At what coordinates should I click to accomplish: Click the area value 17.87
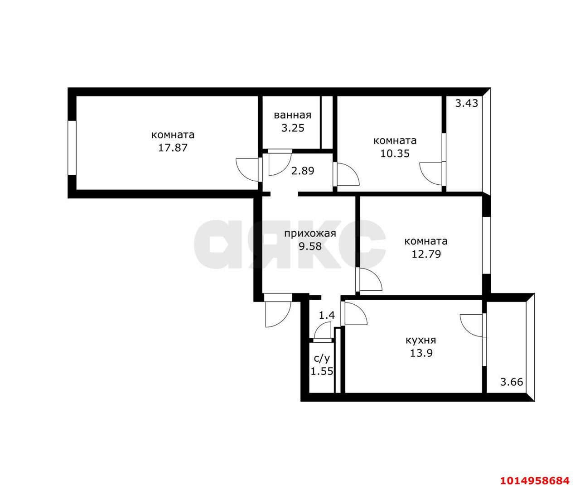pyautogui.click(x=173, y=148)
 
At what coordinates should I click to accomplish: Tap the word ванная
pyautogui.click(x=293, y=115)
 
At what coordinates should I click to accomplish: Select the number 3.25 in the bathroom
pyautogui.click(x=293, y=128)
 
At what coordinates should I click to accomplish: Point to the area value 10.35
pyautogui.click(x=395, y=153)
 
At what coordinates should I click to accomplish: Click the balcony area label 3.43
pyautogui.click(x=467, y=103)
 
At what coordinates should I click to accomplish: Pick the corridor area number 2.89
pyautogui.click(x=303, y=171)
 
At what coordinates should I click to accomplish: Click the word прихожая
pyautogui.click(x=310, y=234)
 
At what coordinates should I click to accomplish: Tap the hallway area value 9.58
pyautogui.click(x=310, y=246)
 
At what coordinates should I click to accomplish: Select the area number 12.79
pyautogui.click(x=426, y=254)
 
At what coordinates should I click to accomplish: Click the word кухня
pyautogui.click(x=421, y=340)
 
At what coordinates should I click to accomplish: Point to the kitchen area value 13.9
pyautogui.click(x=421, y=353)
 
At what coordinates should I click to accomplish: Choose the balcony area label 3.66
pyautogui.click(x=512, y=382)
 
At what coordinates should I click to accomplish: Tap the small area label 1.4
pyautogui.click(x=327, y=315)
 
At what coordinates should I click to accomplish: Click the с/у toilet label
pyautogui.click(x=322, y=359)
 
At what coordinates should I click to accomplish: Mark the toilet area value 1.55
pyautogui.click(x=322, y=371)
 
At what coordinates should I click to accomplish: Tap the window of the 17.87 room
pyautogui.click(x=72, y=148)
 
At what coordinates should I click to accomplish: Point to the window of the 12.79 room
pyautogui.click(x=486, y=245)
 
